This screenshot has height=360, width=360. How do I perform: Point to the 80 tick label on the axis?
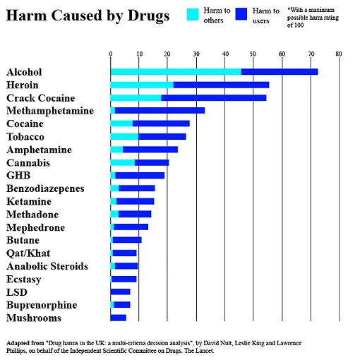click(339, 54)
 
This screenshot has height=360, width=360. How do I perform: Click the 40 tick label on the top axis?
click(224, 54)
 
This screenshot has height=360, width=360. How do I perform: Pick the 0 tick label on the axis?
click(111, 54)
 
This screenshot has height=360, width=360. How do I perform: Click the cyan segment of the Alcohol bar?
click(175, 72)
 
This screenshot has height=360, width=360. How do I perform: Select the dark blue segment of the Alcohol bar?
click(280, 72)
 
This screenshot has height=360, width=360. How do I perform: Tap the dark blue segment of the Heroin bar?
click(221, 85)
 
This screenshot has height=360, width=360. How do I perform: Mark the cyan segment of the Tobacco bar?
click(124, 136)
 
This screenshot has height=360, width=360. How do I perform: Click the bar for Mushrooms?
click(119, 318)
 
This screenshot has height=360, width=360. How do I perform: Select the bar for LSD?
click(121, 292)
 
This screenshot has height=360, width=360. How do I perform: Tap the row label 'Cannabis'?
click(28, 162)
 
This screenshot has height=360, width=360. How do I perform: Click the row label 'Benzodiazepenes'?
click(45, 188)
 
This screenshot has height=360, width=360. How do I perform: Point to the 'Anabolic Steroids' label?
click(47, 266)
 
